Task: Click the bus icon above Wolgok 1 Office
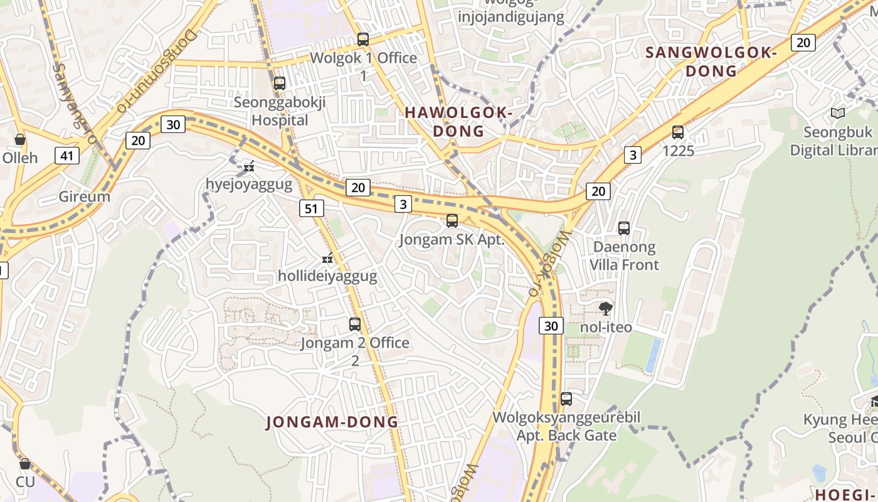(363, 40)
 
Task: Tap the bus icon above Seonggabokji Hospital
(280, 83)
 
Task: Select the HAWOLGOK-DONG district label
(459, 122)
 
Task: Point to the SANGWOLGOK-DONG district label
(711, 61)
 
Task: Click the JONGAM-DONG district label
(332, 422)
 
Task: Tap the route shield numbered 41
(66, 155)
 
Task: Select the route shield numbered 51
(312, 208)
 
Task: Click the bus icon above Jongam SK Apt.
(452, 221)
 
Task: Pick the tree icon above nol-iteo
(606, 308)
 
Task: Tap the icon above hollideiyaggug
(327, 258)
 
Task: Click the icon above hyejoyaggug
(249, 166)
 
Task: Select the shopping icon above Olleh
(20, 139)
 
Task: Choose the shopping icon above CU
(25, 464)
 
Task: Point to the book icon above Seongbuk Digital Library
(837, 114)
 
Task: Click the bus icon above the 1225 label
(678, 132)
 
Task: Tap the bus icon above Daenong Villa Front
(624, 228)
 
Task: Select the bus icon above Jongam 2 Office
(355, 324)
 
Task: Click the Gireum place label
(85, 196)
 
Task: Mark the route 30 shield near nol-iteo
(551, 326)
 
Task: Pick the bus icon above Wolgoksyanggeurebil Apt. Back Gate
(566, 398)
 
